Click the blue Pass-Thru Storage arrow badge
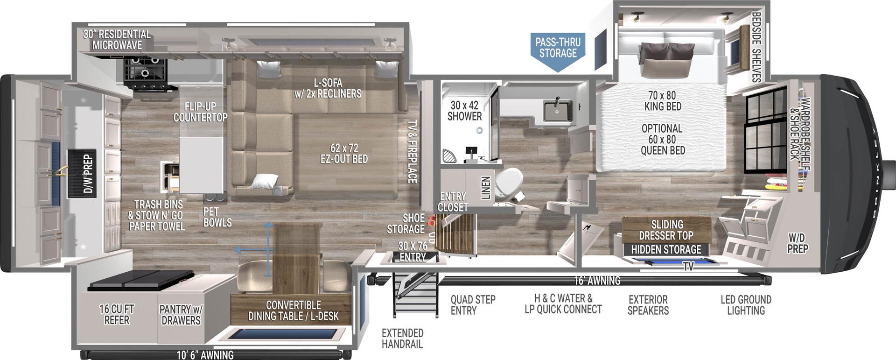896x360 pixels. (558, 49)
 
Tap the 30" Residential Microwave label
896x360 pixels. (117, 40)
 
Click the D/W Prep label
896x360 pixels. (87, 174)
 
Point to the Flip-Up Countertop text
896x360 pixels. (200, 112)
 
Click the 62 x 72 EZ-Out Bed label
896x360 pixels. (344, 154)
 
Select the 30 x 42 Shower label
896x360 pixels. (464, 111)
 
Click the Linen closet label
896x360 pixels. (486, 187)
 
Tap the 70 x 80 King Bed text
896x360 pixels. (663, 101)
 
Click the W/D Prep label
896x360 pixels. (797, 243)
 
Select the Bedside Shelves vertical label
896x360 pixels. (756, 47)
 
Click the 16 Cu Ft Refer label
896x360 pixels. (117, 314)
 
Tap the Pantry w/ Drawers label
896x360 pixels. (181, 314)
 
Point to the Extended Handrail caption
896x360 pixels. (402, 339)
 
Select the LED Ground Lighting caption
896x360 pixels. (746, 304)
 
